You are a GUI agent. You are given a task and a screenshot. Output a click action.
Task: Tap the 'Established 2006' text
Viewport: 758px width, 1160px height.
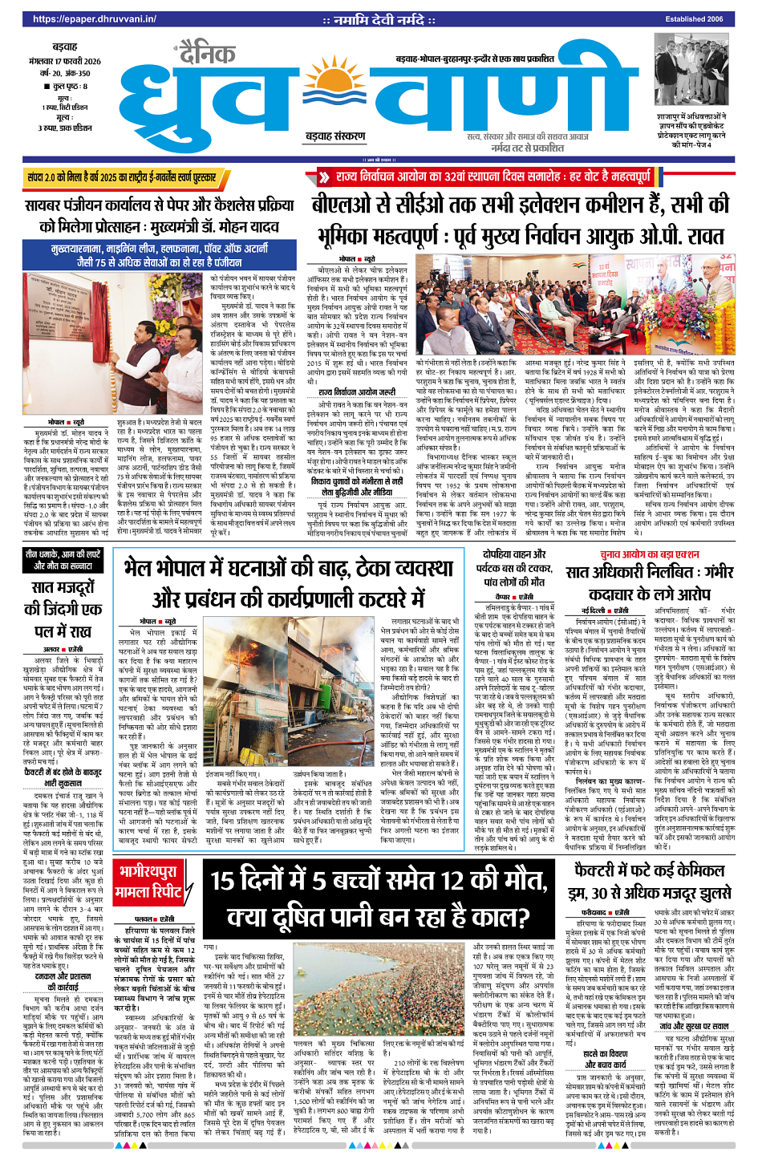tap(693, 19)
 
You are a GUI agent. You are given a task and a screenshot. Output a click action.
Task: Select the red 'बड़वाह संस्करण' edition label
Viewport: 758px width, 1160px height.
tap(334, 136)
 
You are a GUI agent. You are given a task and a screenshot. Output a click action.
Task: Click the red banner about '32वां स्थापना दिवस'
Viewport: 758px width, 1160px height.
tap(482, 176)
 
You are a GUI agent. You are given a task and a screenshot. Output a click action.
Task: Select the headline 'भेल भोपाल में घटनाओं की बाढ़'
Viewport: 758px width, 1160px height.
tap(290, 583)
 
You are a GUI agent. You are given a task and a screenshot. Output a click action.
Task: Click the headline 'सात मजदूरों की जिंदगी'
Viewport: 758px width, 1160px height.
tap(63, 610)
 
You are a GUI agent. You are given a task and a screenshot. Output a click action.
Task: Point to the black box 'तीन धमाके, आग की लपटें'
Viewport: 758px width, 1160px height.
tap(63, 560)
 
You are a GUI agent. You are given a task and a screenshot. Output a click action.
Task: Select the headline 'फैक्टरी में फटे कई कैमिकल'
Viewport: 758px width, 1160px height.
tap(649, 882)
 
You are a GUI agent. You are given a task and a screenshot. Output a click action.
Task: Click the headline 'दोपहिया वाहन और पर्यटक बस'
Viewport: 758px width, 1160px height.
tap(514, 568)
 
